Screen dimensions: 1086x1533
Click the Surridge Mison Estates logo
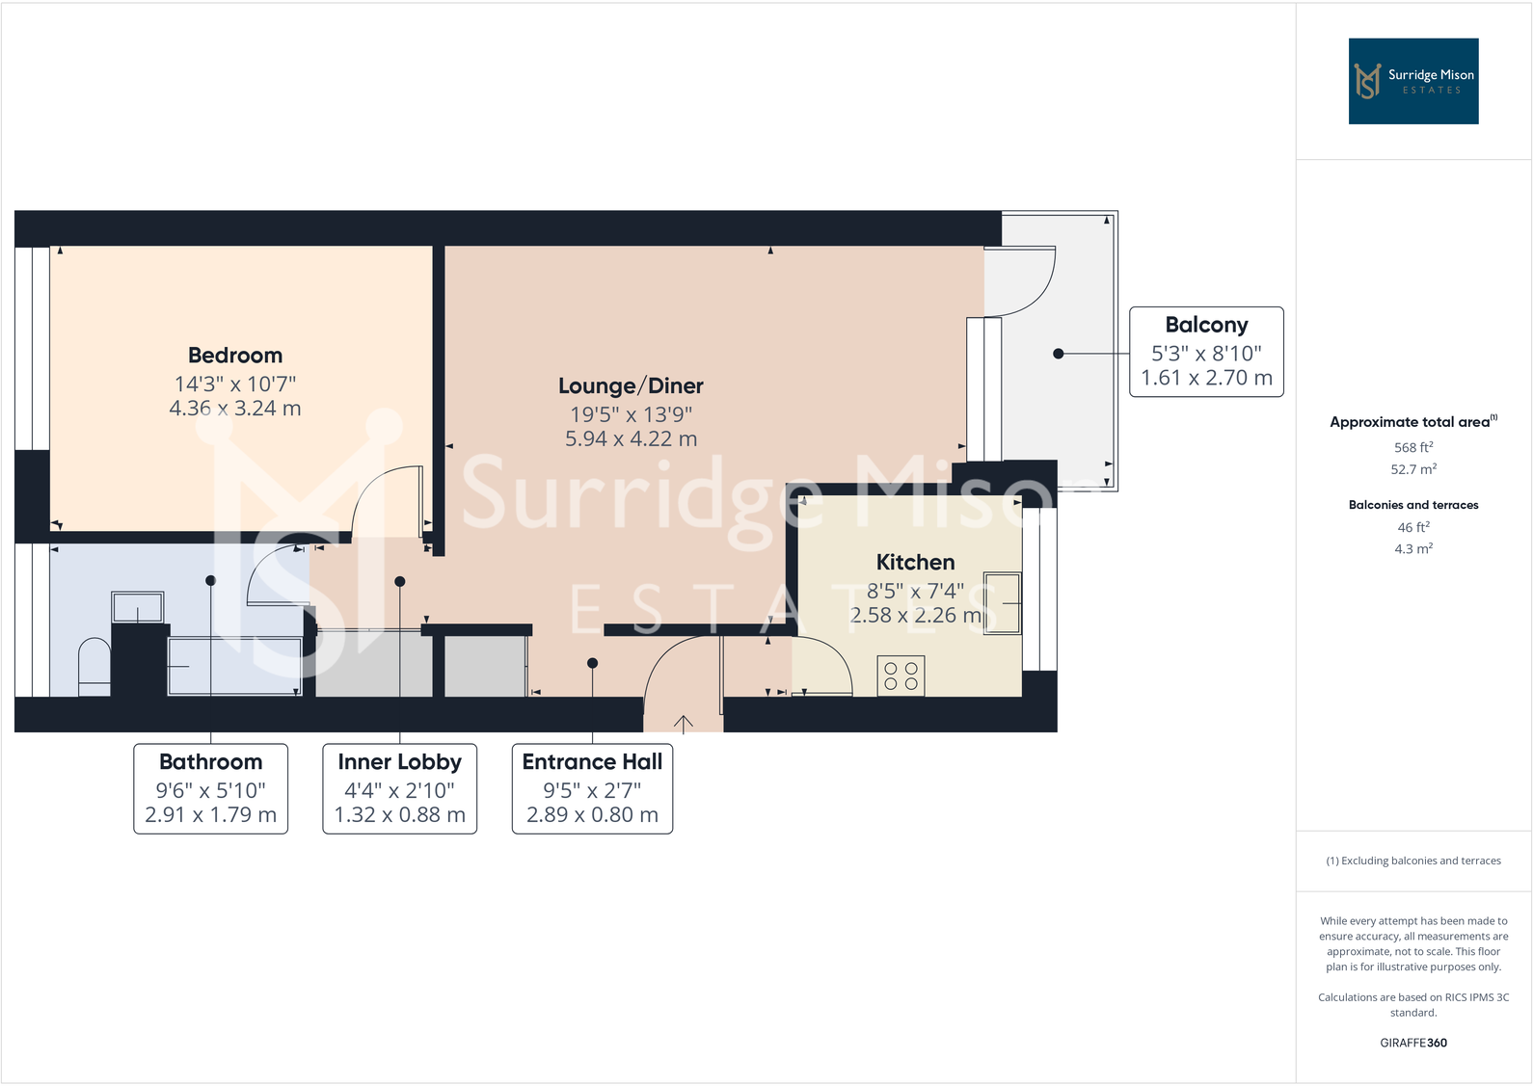pos(1412,81)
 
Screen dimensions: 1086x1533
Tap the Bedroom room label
pos(235,356)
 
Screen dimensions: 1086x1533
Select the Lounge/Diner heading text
pos(631,386)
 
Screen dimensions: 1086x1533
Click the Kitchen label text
pos(915,563)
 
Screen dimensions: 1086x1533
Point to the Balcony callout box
pos(1206,352)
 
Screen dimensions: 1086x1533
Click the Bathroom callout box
pos(210,788)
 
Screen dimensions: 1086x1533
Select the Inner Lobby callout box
pos(399,788)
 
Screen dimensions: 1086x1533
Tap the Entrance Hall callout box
pos(592,788)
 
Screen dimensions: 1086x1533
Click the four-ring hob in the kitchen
pos(901,675)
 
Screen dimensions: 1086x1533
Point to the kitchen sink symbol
pos(1002,603)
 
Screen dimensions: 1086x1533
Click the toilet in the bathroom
pos(94,666)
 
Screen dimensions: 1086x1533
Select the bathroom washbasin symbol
pos(137,608)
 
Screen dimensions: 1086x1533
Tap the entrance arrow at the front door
pos(683,724)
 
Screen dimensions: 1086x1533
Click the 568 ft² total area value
pos(1412,448)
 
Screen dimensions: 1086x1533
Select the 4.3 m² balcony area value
pos(1412,549)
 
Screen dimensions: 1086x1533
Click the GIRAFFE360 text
pos(1412,1043)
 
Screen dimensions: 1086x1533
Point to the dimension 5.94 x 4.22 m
pos(631,439)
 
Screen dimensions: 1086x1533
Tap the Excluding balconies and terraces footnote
pos(1412,861)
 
